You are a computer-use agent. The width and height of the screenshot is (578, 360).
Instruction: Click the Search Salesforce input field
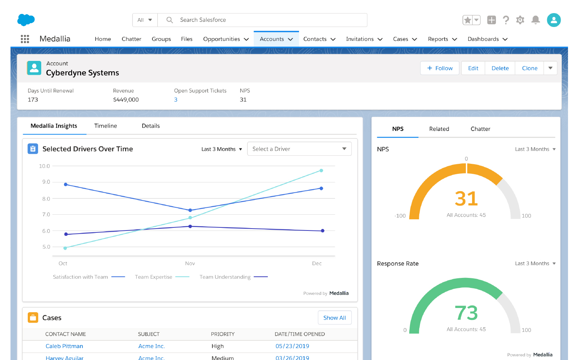[x=262, y=20]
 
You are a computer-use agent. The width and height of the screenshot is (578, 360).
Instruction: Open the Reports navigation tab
[x=438, y=39]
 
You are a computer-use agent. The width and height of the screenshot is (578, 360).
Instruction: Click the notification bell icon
[x=535, y=20]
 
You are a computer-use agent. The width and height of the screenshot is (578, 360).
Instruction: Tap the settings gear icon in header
[x=520, y=20]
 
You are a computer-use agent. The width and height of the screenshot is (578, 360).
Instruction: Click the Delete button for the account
[x=500, y=68]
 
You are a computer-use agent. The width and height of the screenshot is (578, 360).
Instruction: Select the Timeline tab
[x=106, y=126]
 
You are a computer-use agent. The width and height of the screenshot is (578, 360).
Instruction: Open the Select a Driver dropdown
[x=299, y=149]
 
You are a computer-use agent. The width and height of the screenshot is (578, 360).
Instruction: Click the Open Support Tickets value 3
[x=176, y=100]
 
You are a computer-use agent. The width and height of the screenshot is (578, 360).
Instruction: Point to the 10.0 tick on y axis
[x=44, y=166]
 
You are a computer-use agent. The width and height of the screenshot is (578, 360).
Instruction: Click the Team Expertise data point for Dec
[x=321, y=170]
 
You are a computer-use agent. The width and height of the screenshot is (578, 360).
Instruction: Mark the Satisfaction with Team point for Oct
[x=66, y=185]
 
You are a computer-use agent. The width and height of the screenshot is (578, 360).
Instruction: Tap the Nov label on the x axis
[x=190, y=264]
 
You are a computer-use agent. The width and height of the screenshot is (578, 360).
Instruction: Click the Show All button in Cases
[x=334, y=318]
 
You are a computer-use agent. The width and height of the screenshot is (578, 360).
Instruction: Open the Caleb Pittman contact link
[x=64, y=346]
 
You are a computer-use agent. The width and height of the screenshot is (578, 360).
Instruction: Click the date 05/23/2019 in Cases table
[x=292, y=346]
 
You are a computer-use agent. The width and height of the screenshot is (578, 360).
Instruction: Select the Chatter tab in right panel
[x=480, y=129]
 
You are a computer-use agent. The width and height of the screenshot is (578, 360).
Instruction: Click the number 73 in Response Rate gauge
[x=466, y=313]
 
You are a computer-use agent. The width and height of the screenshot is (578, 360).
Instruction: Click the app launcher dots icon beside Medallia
[x=25, y=39]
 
